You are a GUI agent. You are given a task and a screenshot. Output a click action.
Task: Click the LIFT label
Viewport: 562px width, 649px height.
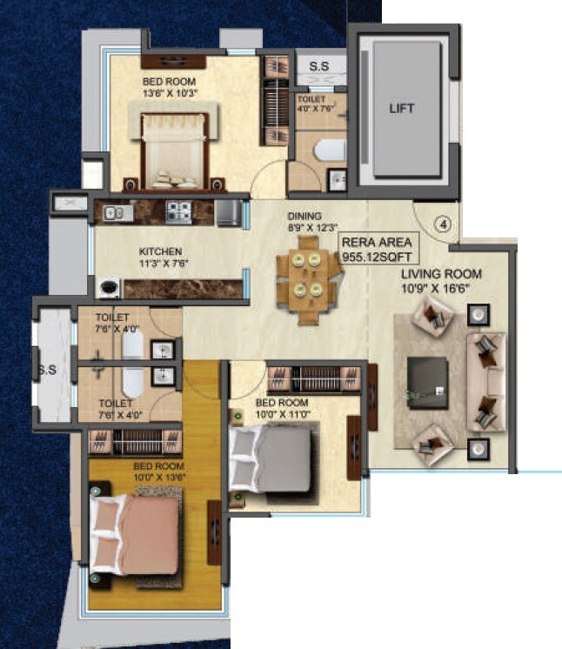401,109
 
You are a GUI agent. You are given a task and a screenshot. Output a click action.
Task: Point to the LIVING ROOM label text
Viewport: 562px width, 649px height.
441,274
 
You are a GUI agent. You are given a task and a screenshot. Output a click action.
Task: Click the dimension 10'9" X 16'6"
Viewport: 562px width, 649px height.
441,287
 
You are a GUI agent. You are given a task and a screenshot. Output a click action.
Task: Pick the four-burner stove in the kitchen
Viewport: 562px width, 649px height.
178,210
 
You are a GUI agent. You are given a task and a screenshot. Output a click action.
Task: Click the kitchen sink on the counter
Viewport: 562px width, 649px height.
117,211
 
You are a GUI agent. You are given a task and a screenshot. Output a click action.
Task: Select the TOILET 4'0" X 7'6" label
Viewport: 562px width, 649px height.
312,104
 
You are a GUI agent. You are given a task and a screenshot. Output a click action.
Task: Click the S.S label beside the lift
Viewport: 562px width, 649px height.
318,65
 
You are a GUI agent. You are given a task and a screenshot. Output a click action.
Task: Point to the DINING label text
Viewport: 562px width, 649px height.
305,216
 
